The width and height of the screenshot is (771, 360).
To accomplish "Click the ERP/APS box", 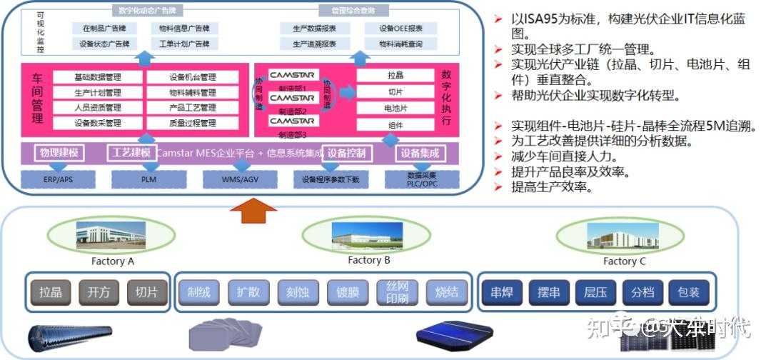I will pos(59,179).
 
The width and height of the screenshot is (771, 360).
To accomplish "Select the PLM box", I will pos(148,179).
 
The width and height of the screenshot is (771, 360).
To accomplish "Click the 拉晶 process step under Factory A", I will pos(51,291).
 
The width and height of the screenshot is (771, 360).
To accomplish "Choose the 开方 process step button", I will pos(99,291).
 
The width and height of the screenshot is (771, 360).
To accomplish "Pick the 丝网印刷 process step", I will pos(398,291).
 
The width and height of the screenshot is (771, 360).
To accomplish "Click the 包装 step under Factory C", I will pos(688,291).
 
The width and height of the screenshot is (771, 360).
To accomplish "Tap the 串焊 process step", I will pos(502,291).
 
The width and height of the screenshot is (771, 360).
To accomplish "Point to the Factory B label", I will pos(368,260).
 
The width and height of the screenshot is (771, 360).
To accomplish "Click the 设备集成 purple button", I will pos(419,154).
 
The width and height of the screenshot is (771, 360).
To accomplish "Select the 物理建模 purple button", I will pos(58,154).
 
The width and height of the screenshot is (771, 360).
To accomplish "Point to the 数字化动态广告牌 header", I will pos(146,11).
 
